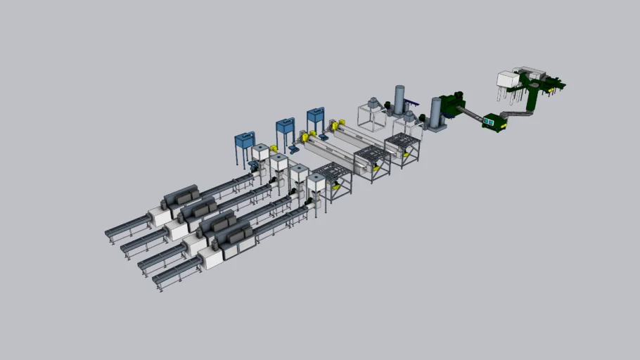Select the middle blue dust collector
pyautogui.click(x=285, y=127)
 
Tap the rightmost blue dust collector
pyautogui.click(x=316, y=115)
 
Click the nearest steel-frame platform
pyautogui.click(x=332, y=180)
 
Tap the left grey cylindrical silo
pyautogui.click(x=400, y=100)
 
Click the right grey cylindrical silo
pyautogui.click(x=435, y=112)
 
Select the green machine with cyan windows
pyautogui.click(x=495, y=122)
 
